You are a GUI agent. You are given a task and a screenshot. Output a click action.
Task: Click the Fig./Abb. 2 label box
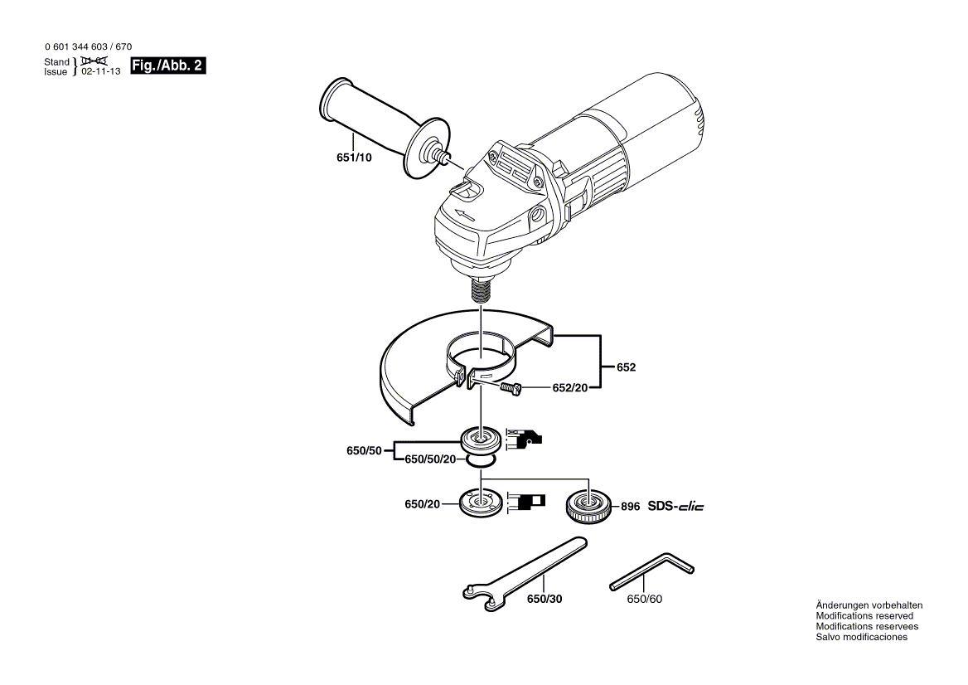[168, 66]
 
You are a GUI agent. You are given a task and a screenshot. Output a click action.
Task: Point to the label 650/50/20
[429, 459]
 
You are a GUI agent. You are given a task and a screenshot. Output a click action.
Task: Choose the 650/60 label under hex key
[645, 599]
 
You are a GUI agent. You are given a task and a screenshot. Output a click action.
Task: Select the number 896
[630, 506]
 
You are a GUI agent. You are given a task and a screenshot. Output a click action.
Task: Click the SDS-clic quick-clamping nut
[588, 506]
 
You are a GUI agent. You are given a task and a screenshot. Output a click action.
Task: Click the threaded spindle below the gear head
[482, 291]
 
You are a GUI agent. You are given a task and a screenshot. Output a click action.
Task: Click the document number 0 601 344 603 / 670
[86, 47]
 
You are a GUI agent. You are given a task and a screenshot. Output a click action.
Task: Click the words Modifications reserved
[864, 616]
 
